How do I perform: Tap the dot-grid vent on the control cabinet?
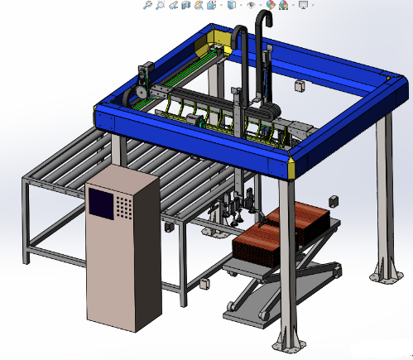pos(124,205)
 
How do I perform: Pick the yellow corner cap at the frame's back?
pos(221,39)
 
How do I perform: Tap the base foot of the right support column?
pos(386,269)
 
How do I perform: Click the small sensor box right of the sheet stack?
pos(334,201)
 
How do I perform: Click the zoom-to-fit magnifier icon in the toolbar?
pos(146,6)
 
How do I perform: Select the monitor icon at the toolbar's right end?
pos(304,6)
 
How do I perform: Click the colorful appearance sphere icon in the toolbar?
pos(270,6)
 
